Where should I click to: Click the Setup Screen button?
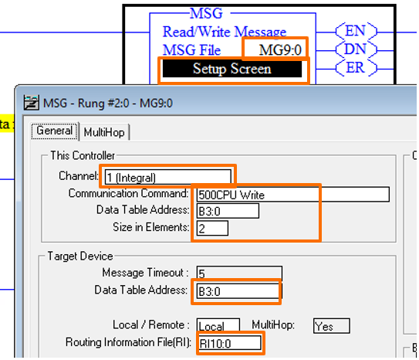(232, 70)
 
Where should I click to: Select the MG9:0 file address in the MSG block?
(275, 50)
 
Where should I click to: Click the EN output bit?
(356, 32)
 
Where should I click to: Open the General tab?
(55, 131)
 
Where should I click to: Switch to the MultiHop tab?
(105, 132)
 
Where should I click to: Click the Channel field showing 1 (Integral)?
(166, 177)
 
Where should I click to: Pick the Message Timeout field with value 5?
(238, 273)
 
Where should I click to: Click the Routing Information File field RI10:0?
(229, 342)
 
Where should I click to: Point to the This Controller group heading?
(83, 155)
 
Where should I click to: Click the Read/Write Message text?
(224, 32)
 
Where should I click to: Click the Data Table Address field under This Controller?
(228, 210)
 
